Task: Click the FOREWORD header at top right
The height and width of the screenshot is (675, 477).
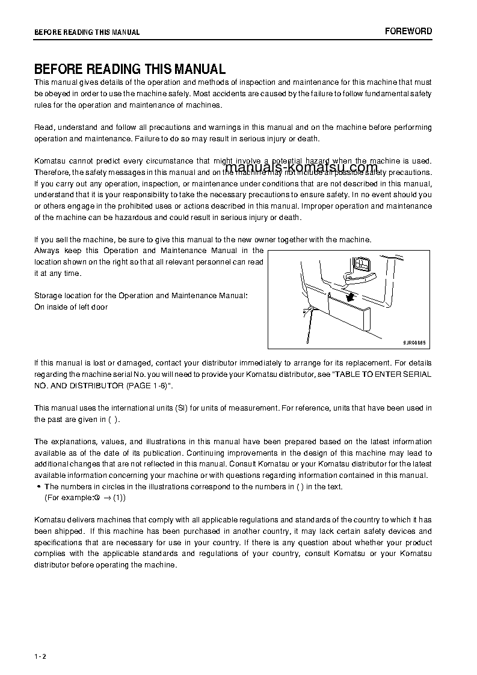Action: tap(408, 31)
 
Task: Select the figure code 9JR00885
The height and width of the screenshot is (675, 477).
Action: tap(414, 343)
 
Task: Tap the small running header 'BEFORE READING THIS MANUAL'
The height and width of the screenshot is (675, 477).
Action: tap(87, 32)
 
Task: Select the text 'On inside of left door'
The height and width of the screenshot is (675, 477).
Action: tap(71, 307)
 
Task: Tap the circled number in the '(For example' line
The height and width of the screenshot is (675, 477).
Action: tap(96, 498)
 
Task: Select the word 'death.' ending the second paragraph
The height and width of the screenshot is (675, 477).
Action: tap(307, 139)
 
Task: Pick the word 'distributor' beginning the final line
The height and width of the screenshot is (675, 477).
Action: tap(54, 565)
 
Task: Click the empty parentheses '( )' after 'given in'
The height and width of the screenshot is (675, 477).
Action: tap(114, 420)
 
